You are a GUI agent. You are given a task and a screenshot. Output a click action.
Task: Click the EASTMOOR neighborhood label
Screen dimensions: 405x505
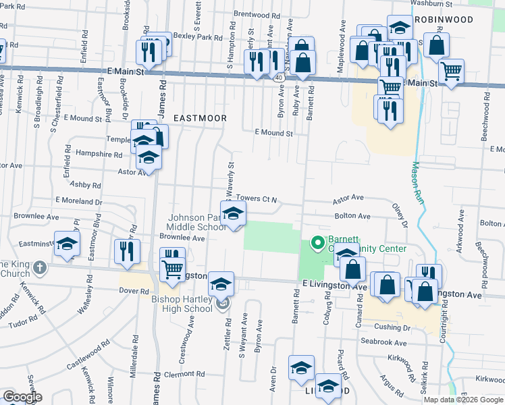point(199,117)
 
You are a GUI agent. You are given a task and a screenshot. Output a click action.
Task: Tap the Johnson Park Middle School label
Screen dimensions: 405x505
point(197,222)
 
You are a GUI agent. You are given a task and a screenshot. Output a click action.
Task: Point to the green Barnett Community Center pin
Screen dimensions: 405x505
point(316,242)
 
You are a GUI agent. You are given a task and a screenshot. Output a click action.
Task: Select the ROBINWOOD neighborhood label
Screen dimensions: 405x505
point(444,20)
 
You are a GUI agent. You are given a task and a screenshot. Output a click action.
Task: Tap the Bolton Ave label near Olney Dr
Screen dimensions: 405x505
point(352,216)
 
